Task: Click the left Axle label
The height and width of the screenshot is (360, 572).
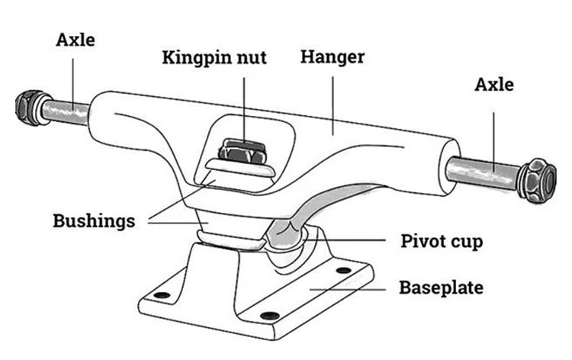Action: (x=76, y=39)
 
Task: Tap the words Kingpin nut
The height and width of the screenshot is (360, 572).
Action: (x=214, y=58)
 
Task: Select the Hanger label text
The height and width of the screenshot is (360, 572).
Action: (x=333, y=57)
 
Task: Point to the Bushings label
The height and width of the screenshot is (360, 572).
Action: (x=94, y=221)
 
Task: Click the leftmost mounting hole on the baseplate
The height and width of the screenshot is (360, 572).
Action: (x=160, y=291)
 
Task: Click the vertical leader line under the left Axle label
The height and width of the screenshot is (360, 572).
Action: (x=75, y=76)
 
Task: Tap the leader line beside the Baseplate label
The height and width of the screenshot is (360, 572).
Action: (x=352, y=288)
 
